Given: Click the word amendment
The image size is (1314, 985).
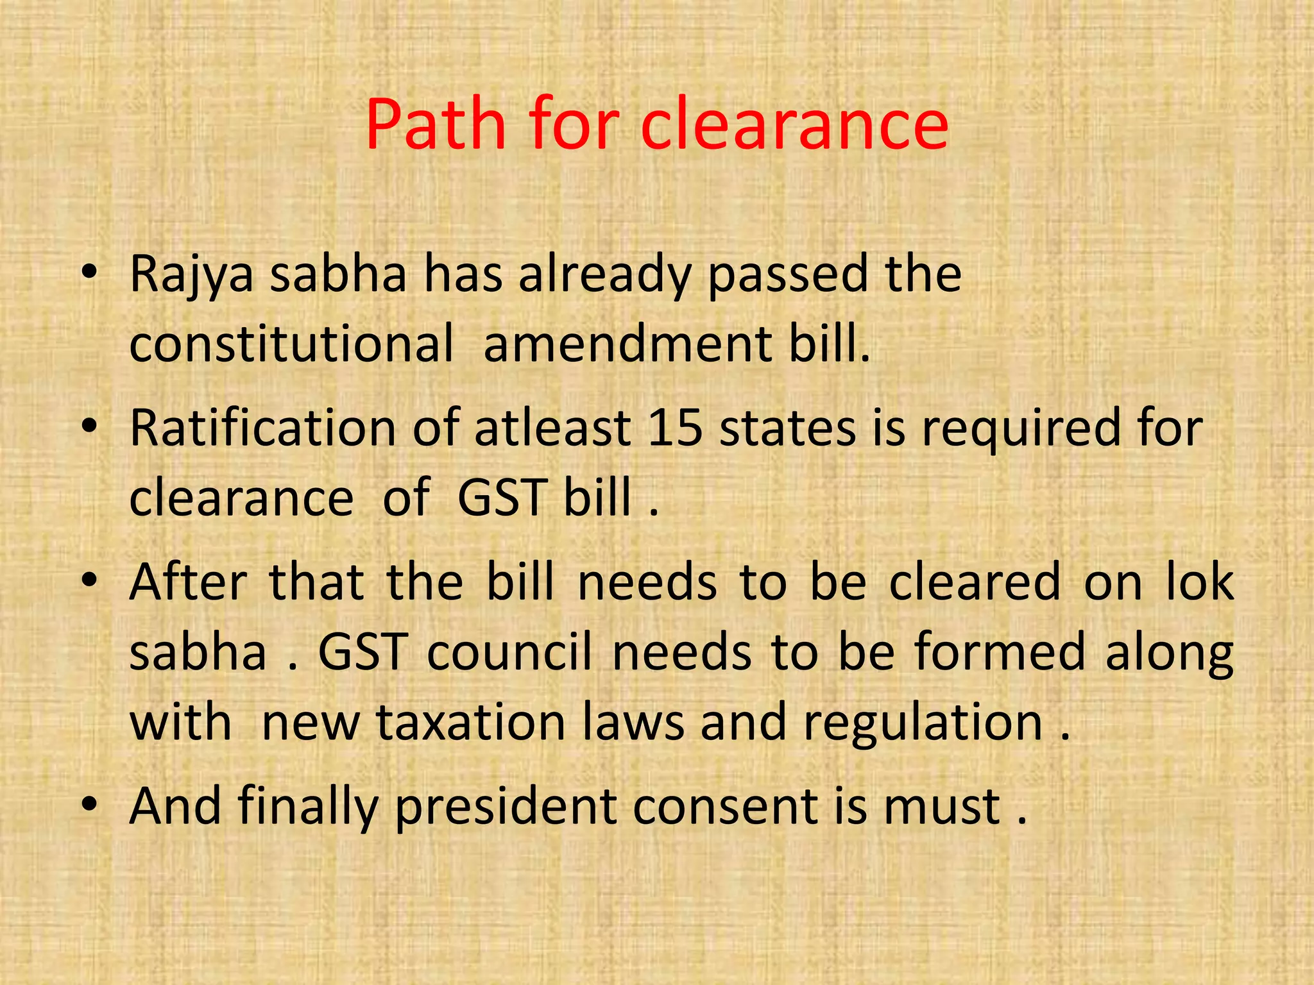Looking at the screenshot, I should click(628, 344).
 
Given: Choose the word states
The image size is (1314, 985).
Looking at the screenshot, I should click(787, 428).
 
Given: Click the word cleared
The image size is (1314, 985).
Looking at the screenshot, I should click(975, 582).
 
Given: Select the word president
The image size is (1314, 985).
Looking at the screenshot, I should click(506, 807).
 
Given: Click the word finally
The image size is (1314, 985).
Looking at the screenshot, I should click(308, 807).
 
